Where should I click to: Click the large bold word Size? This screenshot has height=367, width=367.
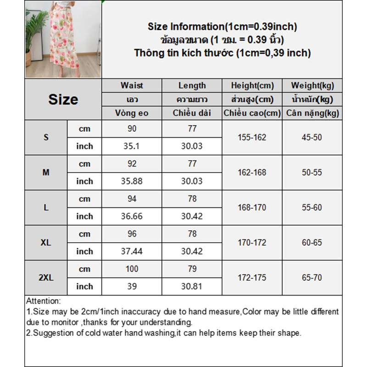coord(63,100)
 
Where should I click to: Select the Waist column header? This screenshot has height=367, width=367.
coord(132,85)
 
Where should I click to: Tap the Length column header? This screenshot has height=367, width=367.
coord(192,85)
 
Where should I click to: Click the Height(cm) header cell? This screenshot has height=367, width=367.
coord(252,85)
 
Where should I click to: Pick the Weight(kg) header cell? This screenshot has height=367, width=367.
coord(312,85)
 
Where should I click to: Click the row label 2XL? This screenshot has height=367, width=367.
coord(46,278)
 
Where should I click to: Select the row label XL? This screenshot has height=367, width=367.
coord(46,243)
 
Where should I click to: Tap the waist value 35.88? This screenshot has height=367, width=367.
coord(132,181)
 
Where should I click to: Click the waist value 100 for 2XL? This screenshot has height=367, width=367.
coord(132,269)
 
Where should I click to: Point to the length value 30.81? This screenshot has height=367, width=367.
coord(192,286)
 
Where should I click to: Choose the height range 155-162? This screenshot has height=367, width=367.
coord(252,137)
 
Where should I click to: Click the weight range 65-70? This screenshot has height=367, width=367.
coord(312,278)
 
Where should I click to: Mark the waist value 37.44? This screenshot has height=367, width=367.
coord(132,251)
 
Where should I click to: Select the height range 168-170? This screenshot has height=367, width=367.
coord(252,207)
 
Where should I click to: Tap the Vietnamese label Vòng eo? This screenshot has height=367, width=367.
coord(132,113)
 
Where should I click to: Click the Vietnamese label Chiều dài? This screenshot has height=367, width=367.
coord(192,113)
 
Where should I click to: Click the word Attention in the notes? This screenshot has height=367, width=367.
coord(43,301)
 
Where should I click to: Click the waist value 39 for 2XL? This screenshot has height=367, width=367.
coord(132,286)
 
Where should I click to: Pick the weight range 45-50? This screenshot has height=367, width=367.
coord(312,137)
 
